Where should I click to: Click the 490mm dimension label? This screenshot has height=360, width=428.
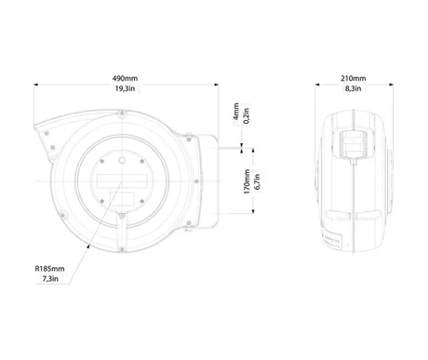coord(125,78)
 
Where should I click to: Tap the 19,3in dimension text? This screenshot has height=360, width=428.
coord(125,88)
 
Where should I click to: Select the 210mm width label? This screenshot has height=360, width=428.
coord(354,78)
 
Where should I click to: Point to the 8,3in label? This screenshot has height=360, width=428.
coord(354,88)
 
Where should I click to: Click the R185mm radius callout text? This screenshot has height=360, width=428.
coord(49,269)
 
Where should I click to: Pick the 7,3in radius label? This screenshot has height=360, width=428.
coord(50,278)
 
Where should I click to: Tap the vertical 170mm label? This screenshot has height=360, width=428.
coord(247,181)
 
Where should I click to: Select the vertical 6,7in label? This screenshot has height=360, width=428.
coord(257,181)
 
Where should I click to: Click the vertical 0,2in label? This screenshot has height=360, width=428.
coord(247,115)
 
